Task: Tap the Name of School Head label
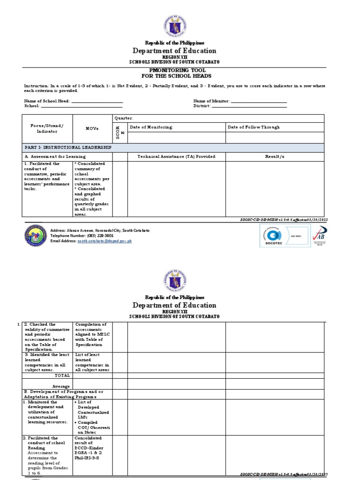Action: click(47, 101)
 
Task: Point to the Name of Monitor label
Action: click(211, 101)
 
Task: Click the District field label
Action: click(202, 106)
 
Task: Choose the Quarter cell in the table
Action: click(124, 118)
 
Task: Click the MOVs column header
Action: click(92, 128)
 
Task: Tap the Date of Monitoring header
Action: click(151, 127)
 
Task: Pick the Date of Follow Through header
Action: click(254, 127)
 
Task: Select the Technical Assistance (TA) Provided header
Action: click(176, 157)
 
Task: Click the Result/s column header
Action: click(274, 157)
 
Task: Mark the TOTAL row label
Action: click(62, 375)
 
